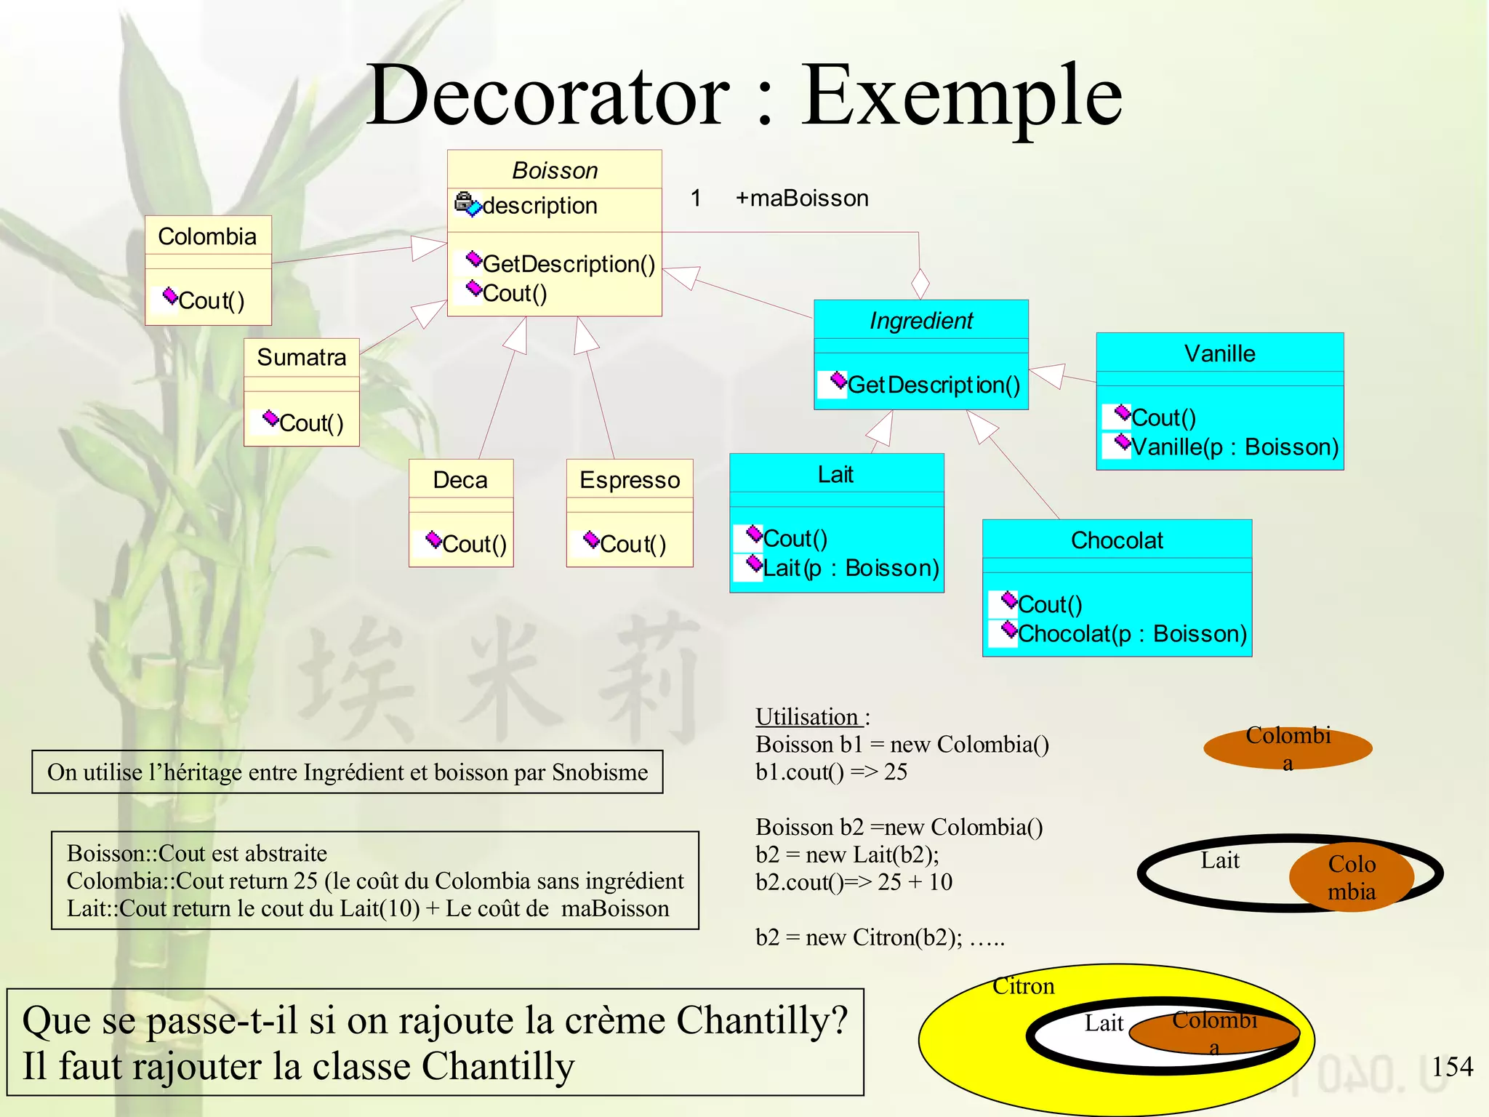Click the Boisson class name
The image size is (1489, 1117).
[x=555, y=170]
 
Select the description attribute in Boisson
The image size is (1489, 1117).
[x=539, y=206]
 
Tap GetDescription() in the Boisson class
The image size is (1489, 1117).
[x=569, y=264]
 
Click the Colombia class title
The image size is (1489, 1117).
[x=207, y=236]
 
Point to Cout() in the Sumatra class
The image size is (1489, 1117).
[x=311, y=423]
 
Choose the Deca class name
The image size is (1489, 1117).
[x=460, y=480]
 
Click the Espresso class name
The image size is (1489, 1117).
[x=630, y=480]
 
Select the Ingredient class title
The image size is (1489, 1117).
[x=921, y=320]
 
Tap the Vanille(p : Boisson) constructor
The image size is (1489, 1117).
[x=1235, y=447]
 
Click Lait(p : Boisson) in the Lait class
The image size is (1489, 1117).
[x=851, y=567]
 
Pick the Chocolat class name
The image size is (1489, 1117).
[x=1117, y=540]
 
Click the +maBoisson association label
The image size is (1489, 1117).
[x=802, y=198]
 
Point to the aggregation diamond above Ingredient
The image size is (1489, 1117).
[x=920, y=283]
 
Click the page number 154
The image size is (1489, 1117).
[x=1452, y=1067]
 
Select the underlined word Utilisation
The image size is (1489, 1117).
[x=807, y=717]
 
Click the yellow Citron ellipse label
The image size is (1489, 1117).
[x=1023, y=986]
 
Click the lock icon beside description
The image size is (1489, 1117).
[x=465, y=201]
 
